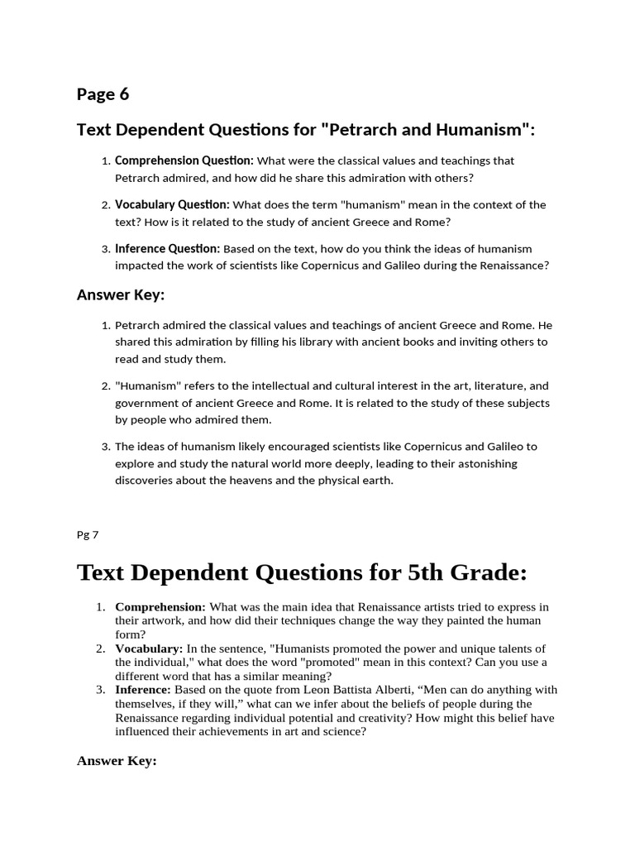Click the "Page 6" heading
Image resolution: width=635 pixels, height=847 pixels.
pos(103,94)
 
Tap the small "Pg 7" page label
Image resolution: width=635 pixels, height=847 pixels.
pos(87,534)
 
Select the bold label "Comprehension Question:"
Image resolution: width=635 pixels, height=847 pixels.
pos(184,160)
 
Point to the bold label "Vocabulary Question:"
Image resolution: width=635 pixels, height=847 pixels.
pos(172,204)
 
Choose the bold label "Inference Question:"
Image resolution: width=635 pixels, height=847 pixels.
pos(167,248)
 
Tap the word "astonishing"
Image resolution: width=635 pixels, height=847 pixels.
pos(487,463)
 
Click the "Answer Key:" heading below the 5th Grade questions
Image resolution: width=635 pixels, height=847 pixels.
pos(117,761)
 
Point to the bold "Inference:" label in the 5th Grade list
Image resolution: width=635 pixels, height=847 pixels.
pos(142,689)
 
